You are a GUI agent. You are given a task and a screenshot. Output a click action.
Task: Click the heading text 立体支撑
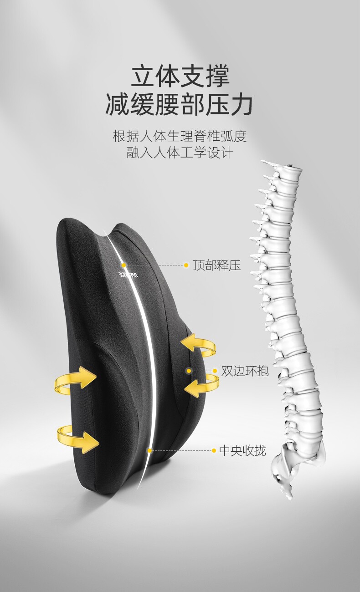click(180, 76)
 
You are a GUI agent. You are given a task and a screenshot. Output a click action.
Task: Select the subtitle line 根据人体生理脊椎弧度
click(180, 136)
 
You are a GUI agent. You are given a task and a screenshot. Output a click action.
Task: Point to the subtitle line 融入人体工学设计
click(180, 153)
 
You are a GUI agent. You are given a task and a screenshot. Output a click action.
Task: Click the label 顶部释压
click(216, 265)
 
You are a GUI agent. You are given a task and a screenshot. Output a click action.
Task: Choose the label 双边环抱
click(245, 371)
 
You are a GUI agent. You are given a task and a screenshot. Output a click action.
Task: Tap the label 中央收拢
click(242, 451)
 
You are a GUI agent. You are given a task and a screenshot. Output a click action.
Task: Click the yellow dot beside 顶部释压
click(186, 265)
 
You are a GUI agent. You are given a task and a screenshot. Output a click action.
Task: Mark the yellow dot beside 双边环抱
click(215, 371)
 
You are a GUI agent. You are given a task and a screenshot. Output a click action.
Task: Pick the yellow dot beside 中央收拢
click(214, 451)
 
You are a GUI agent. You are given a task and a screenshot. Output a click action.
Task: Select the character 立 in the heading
click(142, 76)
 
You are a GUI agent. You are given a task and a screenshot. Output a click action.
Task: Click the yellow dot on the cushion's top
click(123, 265)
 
